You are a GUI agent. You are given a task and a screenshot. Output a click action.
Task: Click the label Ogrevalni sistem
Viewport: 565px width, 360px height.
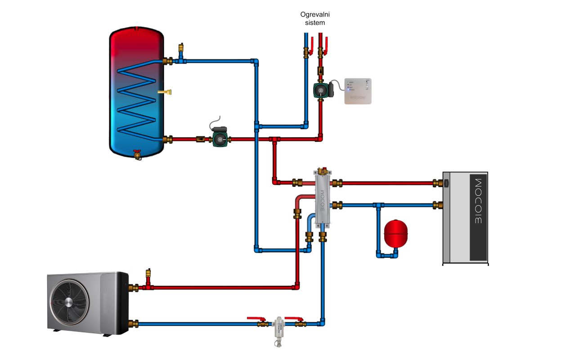click(312, 18)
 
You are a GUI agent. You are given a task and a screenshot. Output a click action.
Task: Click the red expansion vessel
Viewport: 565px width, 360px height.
click(396, 233)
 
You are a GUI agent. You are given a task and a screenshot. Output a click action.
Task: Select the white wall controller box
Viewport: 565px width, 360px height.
click(358, 91)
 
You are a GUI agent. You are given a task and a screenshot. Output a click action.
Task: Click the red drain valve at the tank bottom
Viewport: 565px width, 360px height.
click(138, 154)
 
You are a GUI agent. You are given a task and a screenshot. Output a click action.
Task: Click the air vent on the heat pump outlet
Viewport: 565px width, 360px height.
click(147, 275)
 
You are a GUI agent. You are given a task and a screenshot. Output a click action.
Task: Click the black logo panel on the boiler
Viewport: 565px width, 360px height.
click(478, 218)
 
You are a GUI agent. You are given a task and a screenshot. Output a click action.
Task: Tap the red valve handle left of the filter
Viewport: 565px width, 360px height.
click(254, 319)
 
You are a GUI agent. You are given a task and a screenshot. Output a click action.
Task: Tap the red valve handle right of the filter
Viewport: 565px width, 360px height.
click(294, 319)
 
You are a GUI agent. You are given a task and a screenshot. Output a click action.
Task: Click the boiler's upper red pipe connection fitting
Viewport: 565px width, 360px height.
click(437, 183)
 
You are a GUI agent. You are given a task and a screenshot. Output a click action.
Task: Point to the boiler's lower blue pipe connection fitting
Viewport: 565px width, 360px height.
click(437, 205)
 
